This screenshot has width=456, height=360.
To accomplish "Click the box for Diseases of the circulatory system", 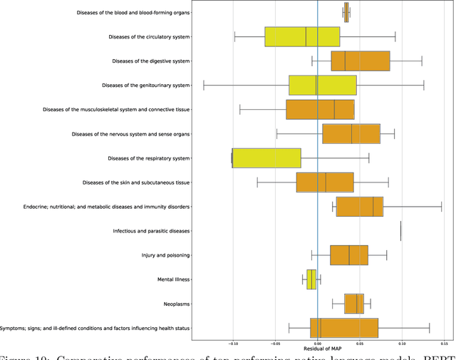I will [x=302, y=36].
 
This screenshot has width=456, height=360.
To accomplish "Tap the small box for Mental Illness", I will [x=311, y=279].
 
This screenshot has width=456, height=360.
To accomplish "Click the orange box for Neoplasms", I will [x=354, y=304].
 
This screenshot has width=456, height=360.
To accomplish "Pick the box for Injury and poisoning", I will [x=349, y=255].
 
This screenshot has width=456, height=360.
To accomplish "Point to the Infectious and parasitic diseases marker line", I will [x=401, y=231].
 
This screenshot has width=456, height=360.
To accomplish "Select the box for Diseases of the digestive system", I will [x=361, y=61].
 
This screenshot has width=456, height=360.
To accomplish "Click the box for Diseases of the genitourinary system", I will [x=322, y=85].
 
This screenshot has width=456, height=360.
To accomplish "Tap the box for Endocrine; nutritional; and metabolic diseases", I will [x=360, y=207].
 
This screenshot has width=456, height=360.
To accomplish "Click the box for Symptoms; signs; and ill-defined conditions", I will [x=344, y=328].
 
